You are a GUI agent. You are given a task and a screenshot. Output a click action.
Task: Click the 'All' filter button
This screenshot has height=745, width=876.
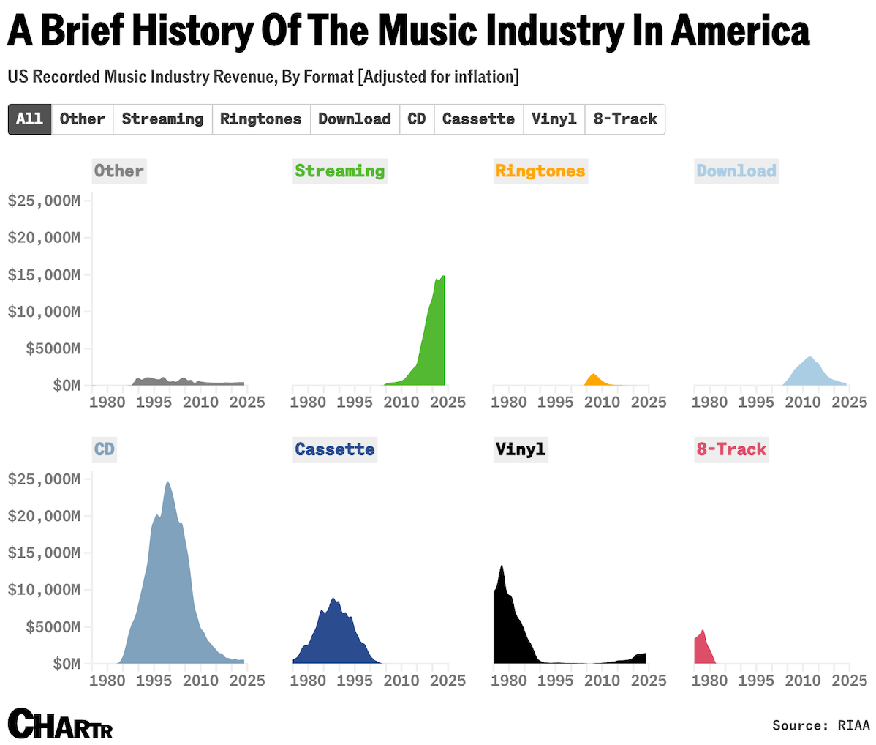[30, 119]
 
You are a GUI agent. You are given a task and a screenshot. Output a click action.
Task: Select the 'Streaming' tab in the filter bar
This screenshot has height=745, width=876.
[162, 119]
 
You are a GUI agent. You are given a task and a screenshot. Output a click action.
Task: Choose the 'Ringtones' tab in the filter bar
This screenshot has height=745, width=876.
[261, 119]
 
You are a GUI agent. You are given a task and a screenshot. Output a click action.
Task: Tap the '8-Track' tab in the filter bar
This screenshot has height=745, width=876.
[625, 119]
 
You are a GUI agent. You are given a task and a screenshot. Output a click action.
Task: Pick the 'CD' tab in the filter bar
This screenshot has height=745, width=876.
[417, 119]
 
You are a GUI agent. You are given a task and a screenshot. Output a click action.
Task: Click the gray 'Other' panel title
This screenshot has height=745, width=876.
[119, 171]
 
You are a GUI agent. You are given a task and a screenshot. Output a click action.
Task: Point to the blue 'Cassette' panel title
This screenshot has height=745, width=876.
[335, 449]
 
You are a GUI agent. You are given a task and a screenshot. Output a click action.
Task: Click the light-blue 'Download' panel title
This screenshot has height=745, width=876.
[736, 171]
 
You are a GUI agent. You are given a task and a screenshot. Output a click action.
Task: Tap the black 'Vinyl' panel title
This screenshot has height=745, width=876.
[521, 449]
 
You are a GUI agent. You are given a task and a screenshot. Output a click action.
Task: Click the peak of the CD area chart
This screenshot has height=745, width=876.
[167, 482]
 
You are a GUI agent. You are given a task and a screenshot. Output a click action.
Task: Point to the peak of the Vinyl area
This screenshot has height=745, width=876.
[502, 566]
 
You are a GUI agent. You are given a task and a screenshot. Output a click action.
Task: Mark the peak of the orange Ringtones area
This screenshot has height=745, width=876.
[593, 375]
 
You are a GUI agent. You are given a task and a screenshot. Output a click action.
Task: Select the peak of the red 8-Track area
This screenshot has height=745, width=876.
[703, 631]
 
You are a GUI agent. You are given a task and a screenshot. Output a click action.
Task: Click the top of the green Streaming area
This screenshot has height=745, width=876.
[443, 277]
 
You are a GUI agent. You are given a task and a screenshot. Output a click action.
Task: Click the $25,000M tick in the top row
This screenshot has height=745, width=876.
[44, 201]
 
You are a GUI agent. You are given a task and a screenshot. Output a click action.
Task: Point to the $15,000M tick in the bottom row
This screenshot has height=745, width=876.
[44, 553]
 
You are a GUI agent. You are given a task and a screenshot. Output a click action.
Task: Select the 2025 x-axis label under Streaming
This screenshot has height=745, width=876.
[448, 402]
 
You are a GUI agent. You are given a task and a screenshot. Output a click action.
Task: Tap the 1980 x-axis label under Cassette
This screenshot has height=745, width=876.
[308, 681]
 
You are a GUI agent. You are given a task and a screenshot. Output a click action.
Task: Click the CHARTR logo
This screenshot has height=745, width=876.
[61, 724]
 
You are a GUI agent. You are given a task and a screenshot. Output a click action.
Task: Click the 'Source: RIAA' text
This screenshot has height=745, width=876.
[820, 725]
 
